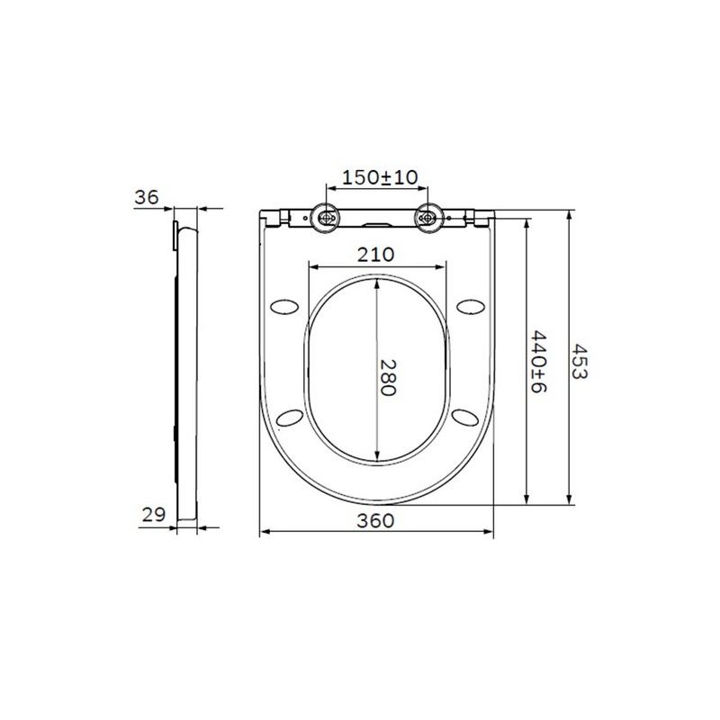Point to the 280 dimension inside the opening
(x=388, y=377)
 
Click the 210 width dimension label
(x=377, y=255)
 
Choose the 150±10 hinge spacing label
(x=377, y=178)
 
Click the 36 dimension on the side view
(x=145, y=197)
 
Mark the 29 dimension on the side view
(x=153, y=515)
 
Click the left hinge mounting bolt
(x=325, y=217)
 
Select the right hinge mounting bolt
(x=430, y=217)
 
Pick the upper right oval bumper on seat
(x=471, y=307)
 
